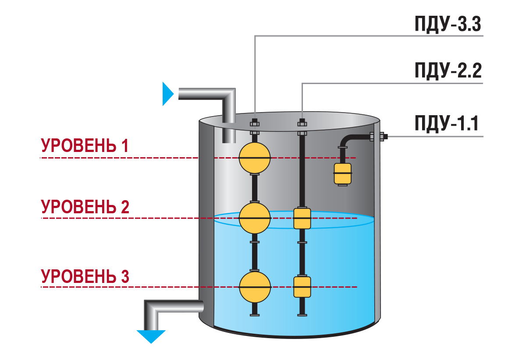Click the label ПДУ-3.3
tap(448, 25)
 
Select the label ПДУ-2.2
tap(448, 71)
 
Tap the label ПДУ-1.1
tap(446, 124)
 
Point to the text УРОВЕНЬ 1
tap(85, 145)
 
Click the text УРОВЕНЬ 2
tap(85, 207)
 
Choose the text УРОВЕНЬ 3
tap(85, 276)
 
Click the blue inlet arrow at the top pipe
tap(168, 94)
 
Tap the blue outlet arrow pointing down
tap(151, 337)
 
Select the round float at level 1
tap(255, 158)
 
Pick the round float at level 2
tap(255, 218)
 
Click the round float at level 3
tap(255, 287)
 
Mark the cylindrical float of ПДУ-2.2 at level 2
tap(302, 219)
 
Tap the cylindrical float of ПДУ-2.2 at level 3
tap(302, 287)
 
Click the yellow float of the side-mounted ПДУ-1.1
tap(343, 174)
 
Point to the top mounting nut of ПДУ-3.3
tap(255, 123)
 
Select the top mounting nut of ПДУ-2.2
tap(302, 123)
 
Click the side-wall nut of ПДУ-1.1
tap(383, 136)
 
